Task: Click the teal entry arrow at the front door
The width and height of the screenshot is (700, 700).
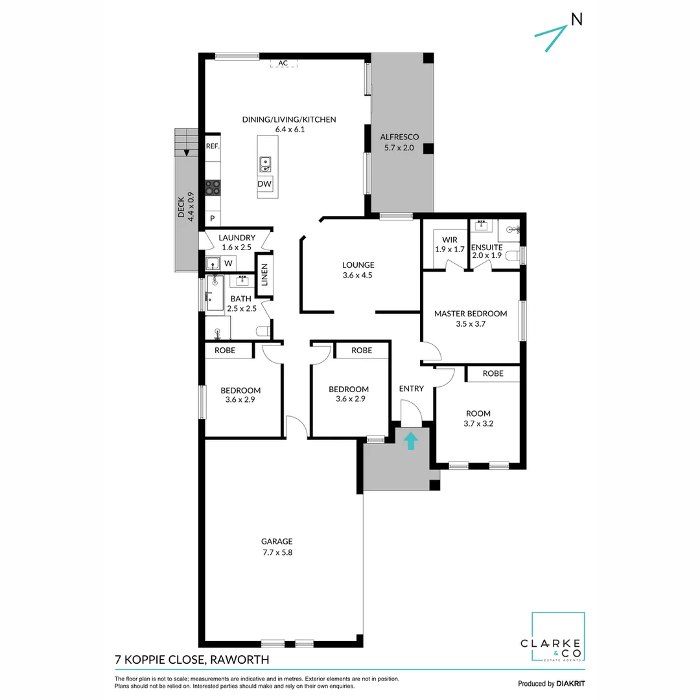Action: point(410,441)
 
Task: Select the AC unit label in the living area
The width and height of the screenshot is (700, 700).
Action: point(283,63)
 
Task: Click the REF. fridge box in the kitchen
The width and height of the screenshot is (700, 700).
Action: point(213,146)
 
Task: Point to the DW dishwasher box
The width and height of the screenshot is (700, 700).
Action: point(264,184)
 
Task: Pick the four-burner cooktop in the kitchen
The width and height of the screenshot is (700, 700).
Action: point(213,187)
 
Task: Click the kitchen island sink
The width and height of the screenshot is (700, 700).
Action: point(264,165)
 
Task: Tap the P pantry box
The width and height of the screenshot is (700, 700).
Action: point(212,219)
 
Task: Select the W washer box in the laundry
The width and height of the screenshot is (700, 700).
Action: point(228,263)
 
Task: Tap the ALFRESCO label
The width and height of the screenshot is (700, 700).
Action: point(399,137)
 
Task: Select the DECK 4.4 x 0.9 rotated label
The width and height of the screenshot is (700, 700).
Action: point(187,206)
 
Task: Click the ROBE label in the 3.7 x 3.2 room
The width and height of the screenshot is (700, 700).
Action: point(493,373)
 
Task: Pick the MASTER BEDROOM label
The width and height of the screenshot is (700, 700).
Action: point(470,314)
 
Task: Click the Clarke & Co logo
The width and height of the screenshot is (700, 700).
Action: point(558,638)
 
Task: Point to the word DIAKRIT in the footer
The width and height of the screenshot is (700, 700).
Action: point(571,683)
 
